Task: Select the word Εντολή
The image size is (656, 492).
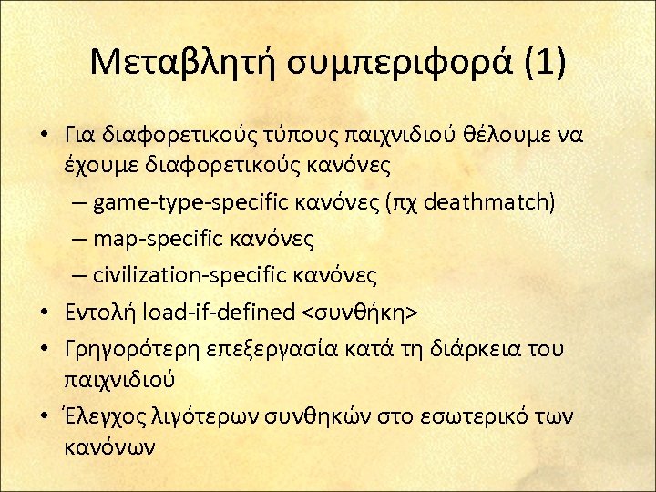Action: pyautogui.click(x=96, y=313)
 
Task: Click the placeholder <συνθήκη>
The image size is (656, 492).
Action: pyautogui.click(x=359, y=313)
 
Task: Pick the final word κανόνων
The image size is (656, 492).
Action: pyautogui.click(x=109, y=448)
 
